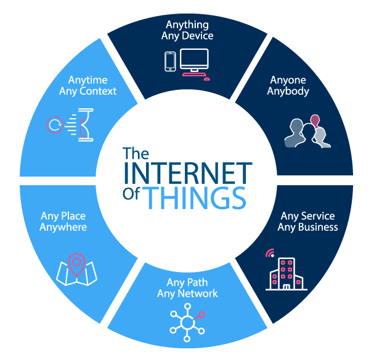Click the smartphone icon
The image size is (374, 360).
pyautogui.click(x=170, y=62)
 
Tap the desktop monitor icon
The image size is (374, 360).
pyautogui.click(x=195, y=60)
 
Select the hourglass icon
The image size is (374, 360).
pyautogui.click(x=86, y=125)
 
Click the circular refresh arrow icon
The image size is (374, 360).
pyautogui.click(x=55, y=125)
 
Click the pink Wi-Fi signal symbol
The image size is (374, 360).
pyautogui.click(x=270, y=253)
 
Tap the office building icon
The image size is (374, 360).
pyautogui.click(x=287, y=274)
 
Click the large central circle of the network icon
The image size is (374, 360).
pyautogui.click(x=187, y=323)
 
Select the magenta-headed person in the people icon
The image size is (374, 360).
pyautogui.click(x=315, y=121)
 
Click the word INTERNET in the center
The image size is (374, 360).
pyautogui.click(x=188, y=173)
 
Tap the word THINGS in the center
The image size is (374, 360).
pyautogui.click(x=195, y=198)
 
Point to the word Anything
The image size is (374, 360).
pyautogui.click(x=187, y=25)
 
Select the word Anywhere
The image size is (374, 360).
pyautogui.click(x=63, y=228)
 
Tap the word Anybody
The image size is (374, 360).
pyautogui.click(x=288, y=92)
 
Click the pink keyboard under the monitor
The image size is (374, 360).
pyautogui.click(x=193, y=74)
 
